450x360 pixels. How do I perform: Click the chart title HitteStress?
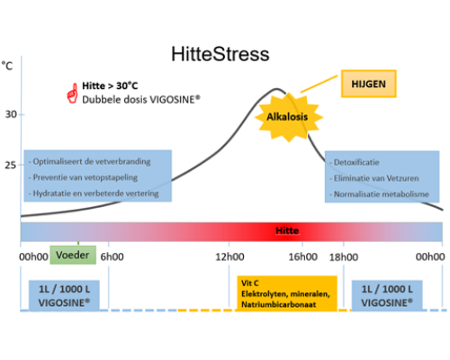[x=220, y=54]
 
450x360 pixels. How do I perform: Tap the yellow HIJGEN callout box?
[x=369, y=84]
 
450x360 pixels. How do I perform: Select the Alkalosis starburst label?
[x=287, y=117]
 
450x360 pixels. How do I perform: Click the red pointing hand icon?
[x=72, y=94]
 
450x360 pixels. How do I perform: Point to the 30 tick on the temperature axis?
[x=11, y=114]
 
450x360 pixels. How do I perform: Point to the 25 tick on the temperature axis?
[x=11, y=165]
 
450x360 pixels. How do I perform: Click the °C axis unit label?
[x=7, y=66]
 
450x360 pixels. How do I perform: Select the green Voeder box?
[x=73, y=255]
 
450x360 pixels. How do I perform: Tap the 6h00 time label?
[x=112, y=256]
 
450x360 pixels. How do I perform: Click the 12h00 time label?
[x=229, y=256]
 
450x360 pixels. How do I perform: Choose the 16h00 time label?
[x=303, y=256]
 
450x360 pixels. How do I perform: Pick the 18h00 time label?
[x=344, y=257]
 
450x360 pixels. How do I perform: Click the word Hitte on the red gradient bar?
[x=287, y=230]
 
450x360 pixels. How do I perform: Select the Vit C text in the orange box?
[x=250, y=283]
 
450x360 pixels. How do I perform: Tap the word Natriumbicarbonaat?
[x=279, y=304]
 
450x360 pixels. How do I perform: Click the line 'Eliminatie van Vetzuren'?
[x=376, y=178]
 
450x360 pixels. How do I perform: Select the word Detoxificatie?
[x=356, y=162]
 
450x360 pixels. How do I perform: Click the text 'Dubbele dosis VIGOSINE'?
[x=141, y=100]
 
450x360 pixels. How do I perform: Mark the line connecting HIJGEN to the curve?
[x=319, y=84]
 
